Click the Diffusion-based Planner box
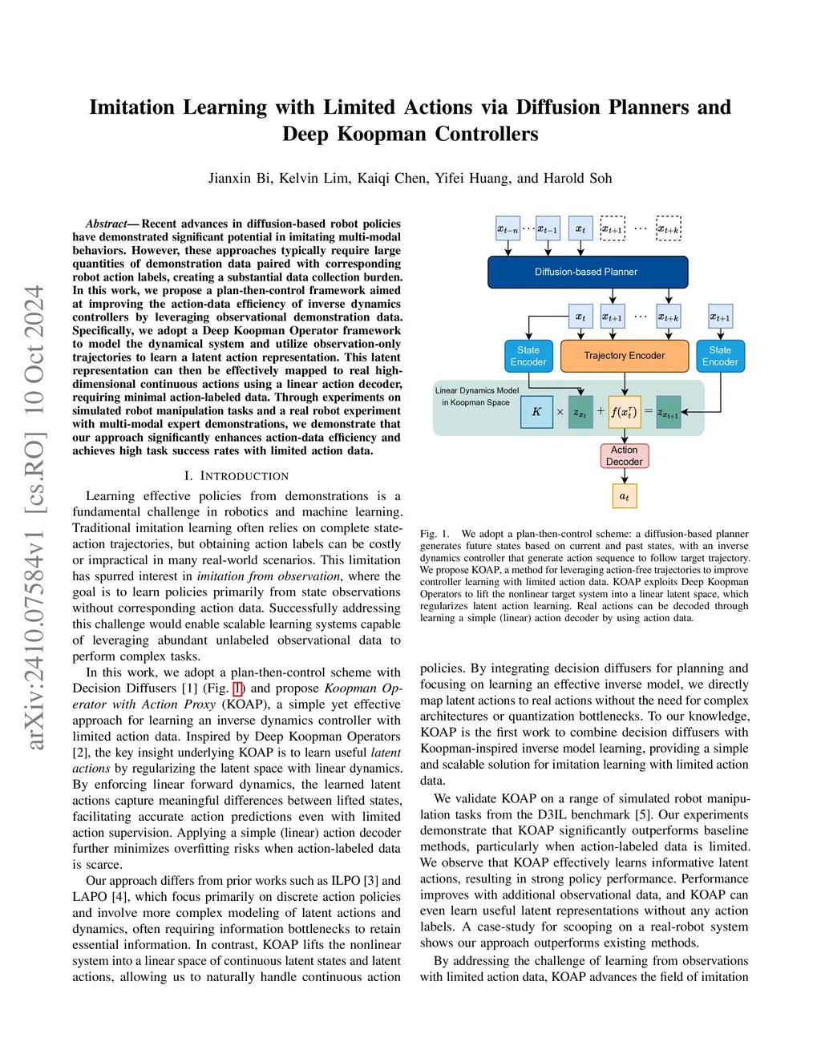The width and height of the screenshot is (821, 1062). coord(588,272)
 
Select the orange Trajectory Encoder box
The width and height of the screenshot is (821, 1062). coord(624,356)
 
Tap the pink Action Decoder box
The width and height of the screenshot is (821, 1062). coord(624,456)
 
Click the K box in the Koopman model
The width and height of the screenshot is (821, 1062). coord(536,412)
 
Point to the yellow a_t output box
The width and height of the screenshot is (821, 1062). coord(624,496)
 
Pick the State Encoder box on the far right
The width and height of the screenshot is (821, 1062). coord(720,356)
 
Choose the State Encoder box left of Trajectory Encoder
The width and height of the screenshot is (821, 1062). coord(528,356)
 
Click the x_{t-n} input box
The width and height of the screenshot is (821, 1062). coord(508,229)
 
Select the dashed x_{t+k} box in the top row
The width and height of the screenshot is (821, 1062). coord(668,228)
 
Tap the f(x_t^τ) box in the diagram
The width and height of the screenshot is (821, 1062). coord(624,412)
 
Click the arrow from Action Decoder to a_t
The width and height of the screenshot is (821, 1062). coord(624,476)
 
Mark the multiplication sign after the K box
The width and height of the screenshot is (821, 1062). coord(560,412)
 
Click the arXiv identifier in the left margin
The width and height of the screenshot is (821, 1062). coord(34,517)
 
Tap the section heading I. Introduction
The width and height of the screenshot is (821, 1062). coord(237,476)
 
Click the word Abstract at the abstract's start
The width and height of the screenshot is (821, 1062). coord(106,224)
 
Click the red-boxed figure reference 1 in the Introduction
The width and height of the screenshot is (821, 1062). coord(237,688)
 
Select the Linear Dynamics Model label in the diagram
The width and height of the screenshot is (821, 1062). coord(477,391)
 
